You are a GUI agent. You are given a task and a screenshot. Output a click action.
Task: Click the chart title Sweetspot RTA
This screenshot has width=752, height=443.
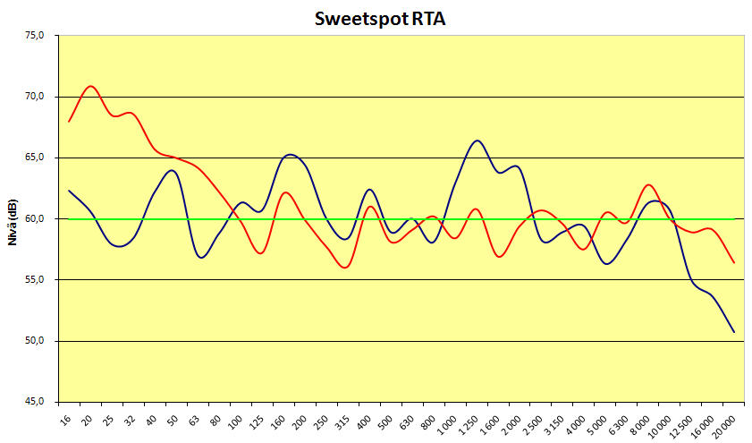pyautogui.click(x=380, y=19)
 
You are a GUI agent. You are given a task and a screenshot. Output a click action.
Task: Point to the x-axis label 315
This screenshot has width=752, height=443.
pyautogui.click(x=342, y=420)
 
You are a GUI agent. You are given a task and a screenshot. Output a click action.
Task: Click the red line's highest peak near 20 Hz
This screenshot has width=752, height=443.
pyautogui.click(x=91, y=86)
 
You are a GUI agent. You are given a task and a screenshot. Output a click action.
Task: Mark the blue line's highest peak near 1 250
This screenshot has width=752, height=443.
pyautogui.click(x=477, y=141)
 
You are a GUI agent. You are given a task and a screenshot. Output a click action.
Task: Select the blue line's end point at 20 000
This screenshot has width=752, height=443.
pyautogui.click(x=734, y=332)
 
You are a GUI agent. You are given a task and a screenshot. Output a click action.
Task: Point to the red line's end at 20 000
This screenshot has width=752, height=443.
pyautogui.click(x=734, y=262)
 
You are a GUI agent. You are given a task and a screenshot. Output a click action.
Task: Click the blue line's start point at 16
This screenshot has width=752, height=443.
pyautogui.click(x=70, y=191)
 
